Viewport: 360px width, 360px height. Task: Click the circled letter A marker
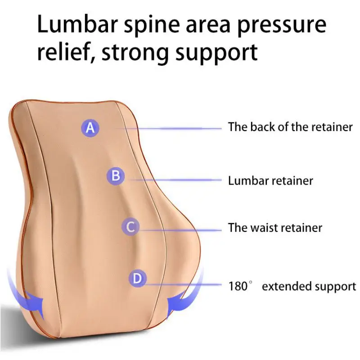tap(90, 128)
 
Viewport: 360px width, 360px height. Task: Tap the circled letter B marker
tap(116, 176)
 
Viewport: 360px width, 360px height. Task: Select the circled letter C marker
tap(130, 227)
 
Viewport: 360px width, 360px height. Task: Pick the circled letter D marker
tap(137, 278)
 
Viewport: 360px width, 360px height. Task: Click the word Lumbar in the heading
tap(77, 24)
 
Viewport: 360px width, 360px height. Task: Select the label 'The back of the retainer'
tap(290, 127)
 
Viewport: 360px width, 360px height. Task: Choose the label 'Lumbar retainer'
tap(270, 180)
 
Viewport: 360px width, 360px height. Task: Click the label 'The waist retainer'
tap(275, 228)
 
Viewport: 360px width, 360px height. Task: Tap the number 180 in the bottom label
tap(238, 286)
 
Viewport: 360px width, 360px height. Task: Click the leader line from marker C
tap(181, 230)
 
